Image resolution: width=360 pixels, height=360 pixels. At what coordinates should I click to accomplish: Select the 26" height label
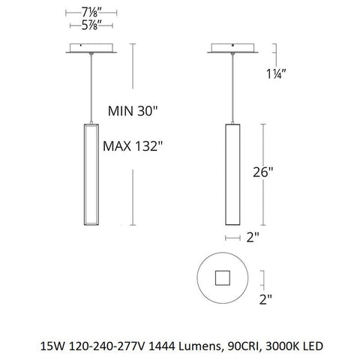(277, 171)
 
